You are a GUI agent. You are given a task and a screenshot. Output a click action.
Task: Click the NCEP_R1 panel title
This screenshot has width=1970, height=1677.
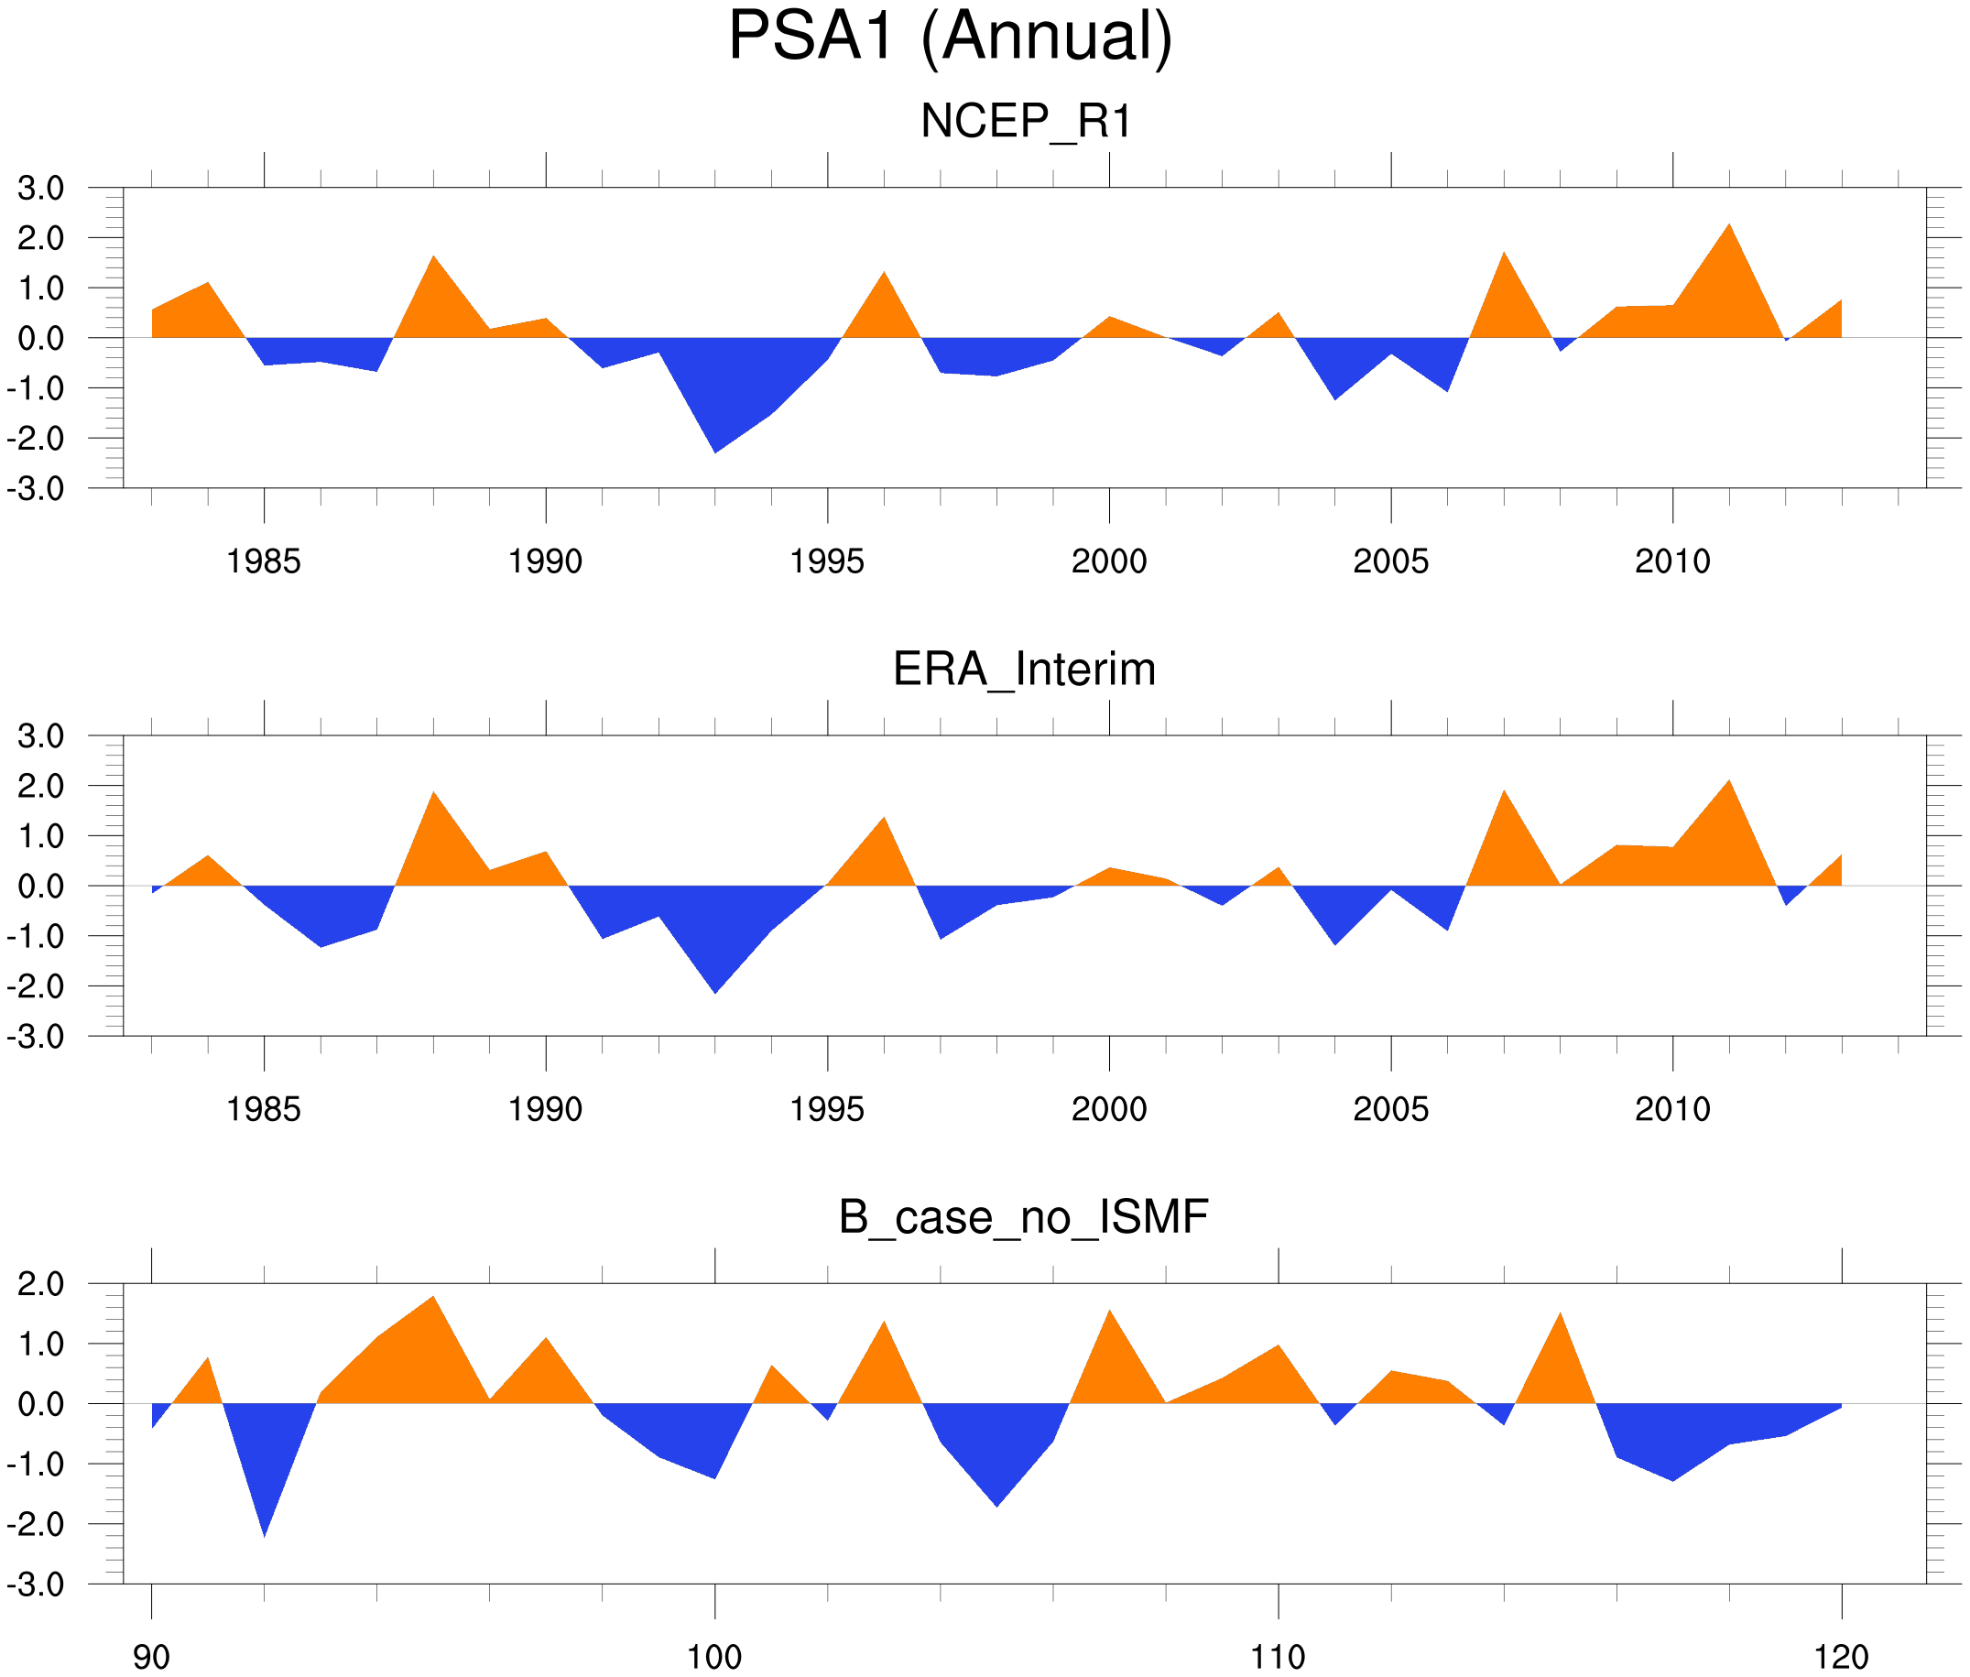click(x=1026, y=122)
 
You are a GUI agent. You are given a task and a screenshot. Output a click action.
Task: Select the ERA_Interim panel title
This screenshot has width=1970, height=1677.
click(x=1024, y=670)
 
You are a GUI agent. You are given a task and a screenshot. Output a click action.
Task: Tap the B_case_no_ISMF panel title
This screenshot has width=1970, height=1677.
click(x=1023, y=1217)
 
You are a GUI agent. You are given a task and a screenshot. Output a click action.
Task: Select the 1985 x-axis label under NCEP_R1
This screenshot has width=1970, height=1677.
click(x=264, y=561)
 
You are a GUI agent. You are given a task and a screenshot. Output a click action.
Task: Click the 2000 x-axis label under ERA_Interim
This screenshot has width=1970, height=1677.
click(x=1108, y=1109)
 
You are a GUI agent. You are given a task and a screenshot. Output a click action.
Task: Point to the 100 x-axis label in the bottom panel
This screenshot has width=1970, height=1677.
click(x=714, y=1658)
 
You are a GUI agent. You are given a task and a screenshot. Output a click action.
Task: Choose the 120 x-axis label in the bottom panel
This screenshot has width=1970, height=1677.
click(x=1842, y=1658)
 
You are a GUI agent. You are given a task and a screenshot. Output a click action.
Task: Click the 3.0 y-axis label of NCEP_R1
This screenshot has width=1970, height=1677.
click(x=41, y=189)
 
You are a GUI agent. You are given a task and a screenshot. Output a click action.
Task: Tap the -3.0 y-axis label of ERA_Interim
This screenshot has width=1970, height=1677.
click(x=35, y=1036)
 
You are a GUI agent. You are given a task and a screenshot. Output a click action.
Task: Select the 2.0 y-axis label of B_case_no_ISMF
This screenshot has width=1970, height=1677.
click(x=41, y=1284)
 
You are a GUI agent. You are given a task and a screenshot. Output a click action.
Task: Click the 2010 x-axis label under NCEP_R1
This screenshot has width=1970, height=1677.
click(x=1672, y=561)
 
